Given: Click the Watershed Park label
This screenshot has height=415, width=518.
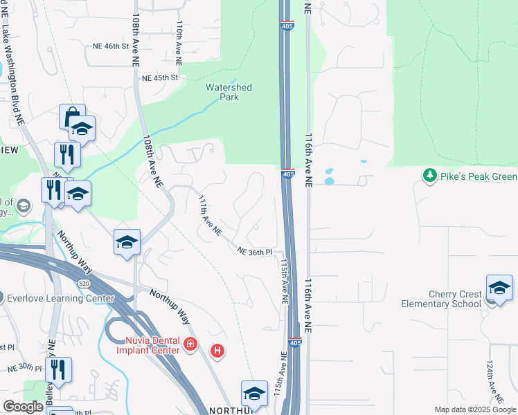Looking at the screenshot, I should click(x=229, y=92).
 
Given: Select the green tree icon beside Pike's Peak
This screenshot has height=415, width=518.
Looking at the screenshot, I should click(x=430, y=176).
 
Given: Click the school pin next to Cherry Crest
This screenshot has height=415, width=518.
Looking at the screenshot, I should click(x=499, y=288).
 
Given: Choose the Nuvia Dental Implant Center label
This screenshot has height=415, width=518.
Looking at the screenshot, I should click(x=152, y=344).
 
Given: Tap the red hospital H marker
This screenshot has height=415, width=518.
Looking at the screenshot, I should click(x=217, y=351).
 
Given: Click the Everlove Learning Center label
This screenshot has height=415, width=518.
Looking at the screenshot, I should click(x=60, y=299).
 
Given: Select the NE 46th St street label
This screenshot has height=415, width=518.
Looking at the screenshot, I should click(x=111, y=46).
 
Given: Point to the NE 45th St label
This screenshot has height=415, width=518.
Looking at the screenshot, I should click(x=159, y=78).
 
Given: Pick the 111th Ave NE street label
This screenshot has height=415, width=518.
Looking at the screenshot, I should click(x=209, y=214).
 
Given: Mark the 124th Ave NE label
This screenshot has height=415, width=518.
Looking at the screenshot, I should click(x=498, y=391).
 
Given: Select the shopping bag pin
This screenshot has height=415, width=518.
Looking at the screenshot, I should click(x=72, y=117).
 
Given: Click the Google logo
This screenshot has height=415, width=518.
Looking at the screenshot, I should click(x=23, y=407).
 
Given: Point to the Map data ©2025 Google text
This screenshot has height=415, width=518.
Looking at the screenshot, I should click(x=474, y=409).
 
